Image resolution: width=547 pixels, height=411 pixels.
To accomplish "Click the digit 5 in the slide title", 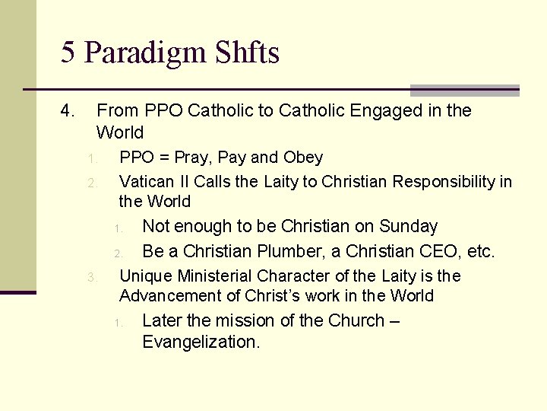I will pos(68,53).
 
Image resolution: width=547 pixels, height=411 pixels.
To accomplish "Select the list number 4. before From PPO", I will pos(68,111).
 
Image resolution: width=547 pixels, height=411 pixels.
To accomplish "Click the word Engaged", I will pos(384,111).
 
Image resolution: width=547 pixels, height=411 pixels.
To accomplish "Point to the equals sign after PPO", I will pos(163,158).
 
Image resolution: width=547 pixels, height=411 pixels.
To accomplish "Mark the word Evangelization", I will pos(201,342).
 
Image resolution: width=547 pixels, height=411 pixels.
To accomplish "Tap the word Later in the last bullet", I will pos(162,320).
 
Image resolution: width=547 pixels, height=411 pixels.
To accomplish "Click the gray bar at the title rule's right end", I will pos(464,90).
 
